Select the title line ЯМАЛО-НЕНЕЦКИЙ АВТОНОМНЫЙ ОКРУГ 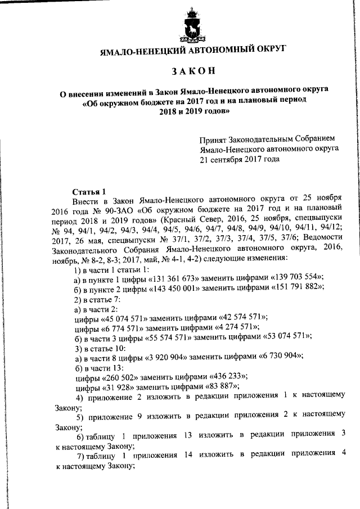[x=192, y=50]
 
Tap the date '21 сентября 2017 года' [x=240, y=159]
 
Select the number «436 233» [x=218, y=376]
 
